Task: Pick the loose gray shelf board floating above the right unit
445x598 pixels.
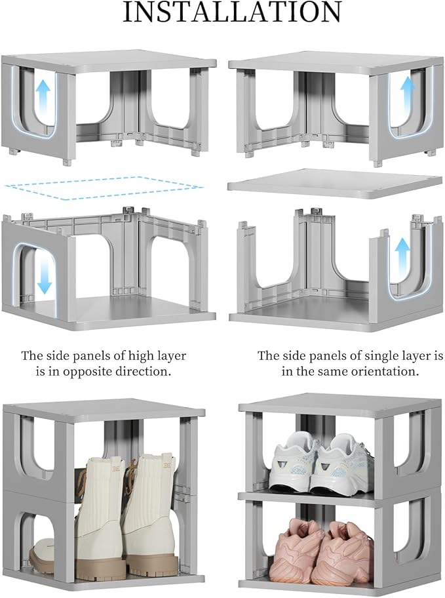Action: pyautogui.click(x=334, y=182)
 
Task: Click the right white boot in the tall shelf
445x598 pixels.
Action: pyautogui.click(x=150, y=508)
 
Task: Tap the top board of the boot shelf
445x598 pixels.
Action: pyautogui.click(x=105, y=410)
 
